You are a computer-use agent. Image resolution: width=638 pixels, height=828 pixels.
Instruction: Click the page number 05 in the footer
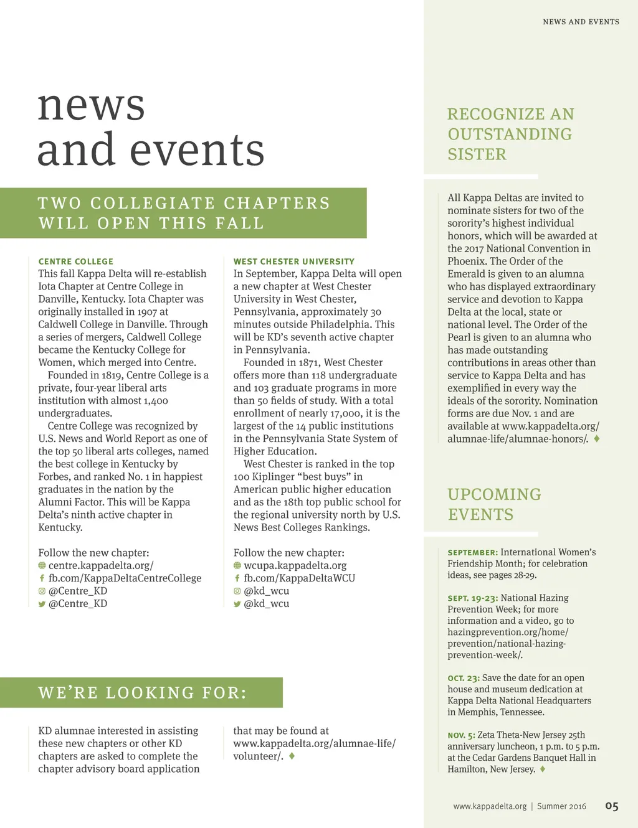611,806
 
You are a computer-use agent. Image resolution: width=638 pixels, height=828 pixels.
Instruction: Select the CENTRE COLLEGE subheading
76,261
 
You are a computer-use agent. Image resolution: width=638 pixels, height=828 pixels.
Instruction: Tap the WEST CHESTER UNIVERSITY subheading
294,261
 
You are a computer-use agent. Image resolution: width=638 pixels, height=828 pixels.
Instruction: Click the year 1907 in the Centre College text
147,311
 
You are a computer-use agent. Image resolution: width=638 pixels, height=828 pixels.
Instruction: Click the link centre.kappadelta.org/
101,565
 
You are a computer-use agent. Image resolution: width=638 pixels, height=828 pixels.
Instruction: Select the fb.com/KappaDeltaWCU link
299,578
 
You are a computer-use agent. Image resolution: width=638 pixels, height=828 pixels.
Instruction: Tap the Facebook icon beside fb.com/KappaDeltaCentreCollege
42,578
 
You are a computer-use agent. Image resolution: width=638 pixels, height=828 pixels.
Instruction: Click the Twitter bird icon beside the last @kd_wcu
237,604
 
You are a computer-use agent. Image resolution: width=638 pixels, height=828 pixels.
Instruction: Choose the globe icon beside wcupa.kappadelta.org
237,565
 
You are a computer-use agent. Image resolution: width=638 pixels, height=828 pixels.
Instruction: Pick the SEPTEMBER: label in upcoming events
472,552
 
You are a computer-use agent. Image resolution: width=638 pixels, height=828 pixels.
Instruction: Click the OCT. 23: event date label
464,678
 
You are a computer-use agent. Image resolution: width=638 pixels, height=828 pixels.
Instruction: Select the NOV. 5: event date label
461,735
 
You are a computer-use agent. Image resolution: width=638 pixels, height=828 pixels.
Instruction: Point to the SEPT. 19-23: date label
472,598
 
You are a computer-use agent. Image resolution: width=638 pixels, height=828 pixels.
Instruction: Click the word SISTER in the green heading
477,154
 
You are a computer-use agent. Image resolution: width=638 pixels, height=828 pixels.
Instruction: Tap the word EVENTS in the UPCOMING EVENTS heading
480,515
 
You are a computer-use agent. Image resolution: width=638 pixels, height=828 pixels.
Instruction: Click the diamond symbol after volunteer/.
292,756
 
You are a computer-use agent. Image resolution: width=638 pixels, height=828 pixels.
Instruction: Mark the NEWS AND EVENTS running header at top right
581,22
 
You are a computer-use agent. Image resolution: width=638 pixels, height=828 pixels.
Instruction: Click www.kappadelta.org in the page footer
490,806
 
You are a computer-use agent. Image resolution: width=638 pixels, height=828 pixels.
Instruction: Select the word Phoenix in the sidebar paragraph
467,261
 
